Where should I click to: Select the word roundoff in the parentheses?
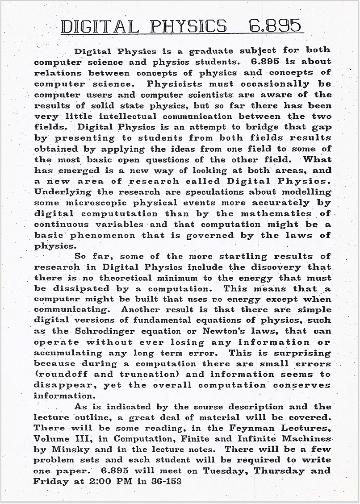pyautogui.click(x=59, y=375)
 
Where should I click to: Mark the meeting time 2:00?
pyautogui.click(x=101, y=482)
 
